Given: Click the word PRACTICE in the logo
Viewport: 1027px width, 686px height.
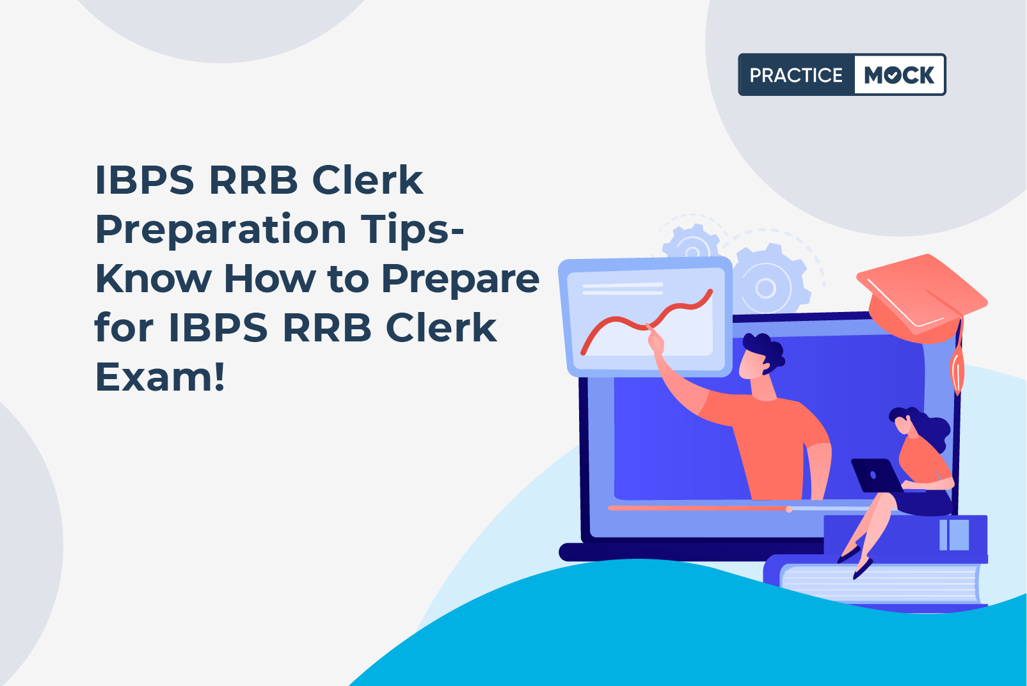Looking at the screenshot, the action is pyautogui.click(x=796, y=75).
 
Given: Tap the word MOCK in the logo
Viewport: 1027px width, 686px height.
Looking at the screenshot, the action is pyautogui.click(x=899, y=75).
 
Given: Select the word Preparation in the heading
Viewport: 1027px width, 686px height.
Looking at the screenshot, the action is pyautogui.click(x=221, y=231).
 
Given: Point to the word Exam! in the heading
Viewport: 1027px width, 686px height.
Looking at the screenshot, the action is pyautogui.click(x=160, y=377).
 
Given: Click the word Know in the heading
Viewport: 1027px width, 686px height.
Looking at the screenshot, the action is pyautogui.click(x=153, y=279).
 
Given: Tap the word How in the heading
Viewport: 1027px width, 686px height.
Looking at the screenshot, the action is pyautogui.click(x=269, y=279).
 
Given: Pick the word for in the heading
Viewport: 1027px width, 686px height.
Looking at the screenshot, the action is pyautogui.click(x=123, y=328).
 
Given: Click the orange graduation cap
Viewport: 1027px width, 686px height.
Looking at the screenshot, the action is pyautogui.click(x=921, y=299).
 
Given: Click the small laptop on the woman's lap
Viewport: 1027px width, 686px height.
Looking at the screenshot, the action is pyautogui.click(x=877, y=476).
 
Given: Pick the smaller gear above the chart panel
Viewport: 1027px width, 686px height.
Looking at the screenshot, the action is pyautogui.click(x=692, y=243).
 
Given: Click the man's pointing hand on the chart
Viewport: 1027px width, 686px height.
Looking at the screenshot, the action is pyautogui.click(x=656, y=341).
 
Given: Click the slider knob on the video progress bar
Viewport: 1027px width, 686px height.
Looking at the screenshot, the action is pyautogui.click(x=788, y=510).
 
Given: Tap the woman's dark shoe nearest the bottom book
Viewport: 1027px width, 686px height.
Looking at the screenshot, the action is pyautogui.click(x=863, y=569).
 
